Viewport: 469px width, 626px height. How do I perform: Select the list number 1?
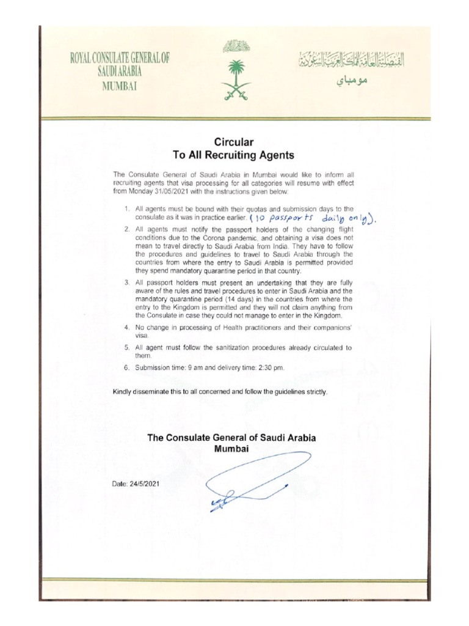point(126,210)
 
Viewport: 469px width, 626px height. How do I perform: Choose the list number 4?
point(126,328)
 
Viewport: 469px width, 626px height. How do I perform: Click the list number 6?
point(126,367)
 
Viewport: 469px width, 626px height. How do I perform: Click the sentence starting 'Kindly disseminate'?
point(220,392)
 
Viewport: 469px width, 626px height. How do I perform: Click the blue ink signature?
point(256,477)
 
